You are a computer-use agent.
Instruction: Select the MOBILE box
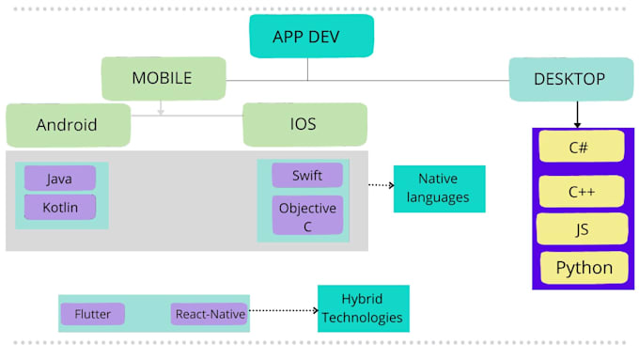163,78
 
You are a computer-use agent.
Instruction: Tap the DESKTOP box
569,80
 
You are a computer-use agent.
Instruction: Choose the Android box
67,125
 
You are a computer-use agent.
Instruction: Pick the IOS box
304,125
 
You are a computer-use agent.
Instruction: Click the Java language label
59,179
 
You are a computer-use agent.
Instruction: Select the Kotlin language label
59,207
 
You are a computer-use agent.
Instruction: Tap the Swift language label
306,176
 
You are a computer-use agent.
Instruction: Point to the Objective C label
306,215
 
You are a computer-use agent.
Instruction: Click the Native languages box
439,189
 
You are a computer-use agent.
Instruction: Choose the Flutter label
92,314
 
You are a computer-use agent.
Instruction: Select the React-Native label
209,314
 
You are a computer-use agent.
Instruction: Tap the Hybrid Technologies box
363,308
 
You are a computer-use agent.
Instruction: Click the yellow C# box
580,147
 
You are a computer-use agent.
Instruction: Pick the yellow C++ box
581,192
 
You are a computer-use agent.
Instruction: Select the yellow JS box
581,228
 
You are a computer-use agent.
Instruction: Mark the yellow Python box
583,268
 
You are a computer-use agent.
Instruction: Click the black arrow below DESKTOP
577,115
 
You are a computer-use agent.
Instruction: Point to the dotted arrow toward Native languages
380,185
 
